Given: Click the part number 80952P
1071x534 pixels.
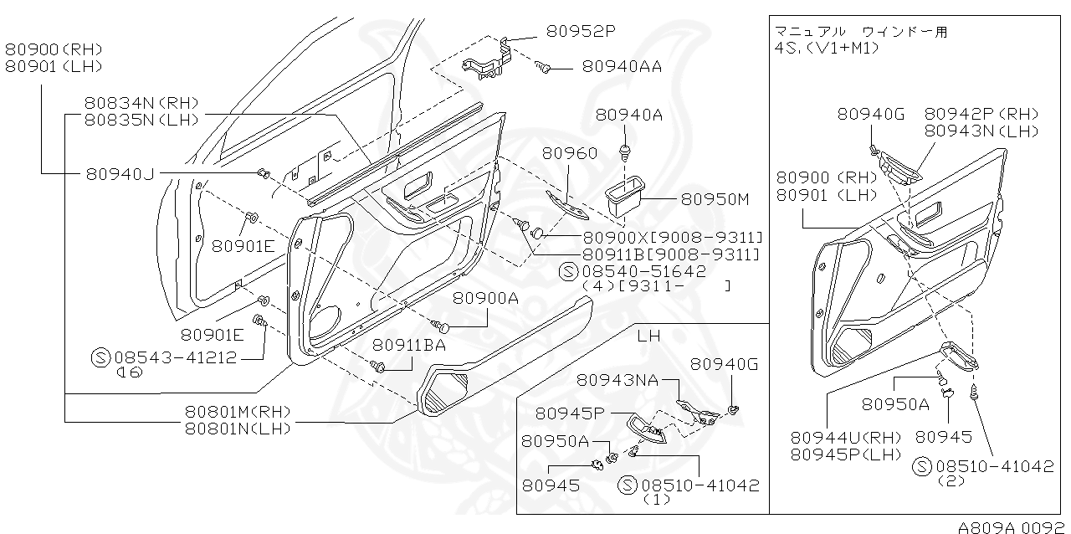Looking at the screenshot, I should click(582, 32).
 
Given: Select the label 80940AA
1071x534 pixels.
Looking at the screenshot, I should click(622, 66).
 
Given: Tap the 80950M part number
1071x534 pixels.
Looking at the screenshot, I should click(715, 199).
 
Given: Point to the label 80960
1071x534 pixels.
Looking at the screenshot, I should click(569, 153).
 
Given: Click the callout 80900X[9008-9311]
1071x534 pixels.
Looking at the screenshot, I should click(672, 237).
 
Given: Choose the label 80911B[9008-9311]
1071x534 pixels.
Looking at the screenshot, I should click(671, 254).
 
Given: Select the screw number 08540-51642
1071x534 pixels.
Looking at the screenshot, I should click(644, 272).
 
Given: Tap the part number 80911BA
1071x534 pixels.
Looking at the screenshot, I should click(409, 345).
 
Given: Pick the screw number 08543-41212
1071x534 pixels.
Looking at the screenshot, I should click(176, 357).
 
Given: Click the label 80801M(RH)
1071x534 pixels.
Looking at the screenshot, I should click(238, 412).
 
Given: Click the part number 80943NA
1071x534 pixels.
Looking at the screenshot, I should click(617, 380).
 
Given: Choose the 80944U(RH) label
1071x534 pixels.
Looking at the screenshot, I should click(846, 437).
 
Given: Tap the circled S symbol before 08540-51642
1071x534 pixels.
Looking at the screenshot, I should click(568, 272).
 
